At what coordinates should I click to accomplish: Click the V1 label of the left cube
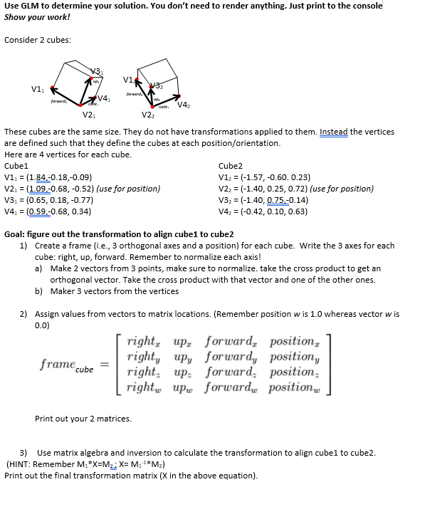[36, 89]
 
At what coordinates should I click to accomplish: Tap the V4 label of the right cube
[184, 106]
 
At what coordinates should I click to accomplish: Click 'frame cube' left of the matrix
[67, 366]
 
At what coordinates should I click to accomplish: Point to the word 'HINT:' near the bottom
[21, 464]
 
